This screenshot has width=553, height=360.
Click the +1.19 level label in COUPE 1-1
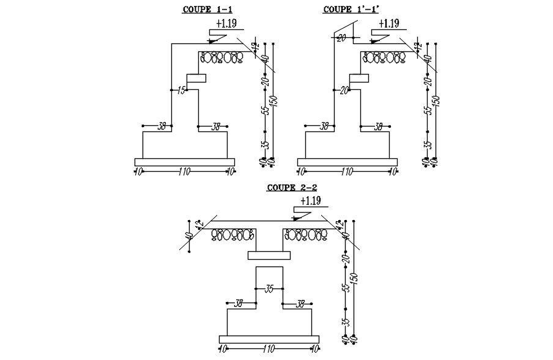point(227,24)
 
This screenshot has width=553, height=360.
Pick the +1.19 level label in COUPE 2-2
point(311,200)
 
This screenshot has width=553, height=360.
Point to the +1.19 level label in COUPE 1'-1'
point(388,24)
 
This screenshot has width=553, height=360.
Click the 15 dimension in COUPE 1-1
point(181,90)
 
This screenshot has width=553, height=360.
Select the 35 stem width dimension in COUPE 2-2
point(269,289)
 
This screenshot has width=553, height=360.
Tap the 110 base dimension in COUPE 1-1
point(184,172)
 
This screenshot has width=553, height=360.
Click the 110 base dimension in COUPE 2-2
point(269,349)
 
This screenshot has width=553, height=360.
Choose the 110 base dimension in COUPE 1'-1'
point(346,172)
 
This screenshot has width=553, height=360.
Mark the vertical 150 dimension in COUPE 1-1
point(273,101)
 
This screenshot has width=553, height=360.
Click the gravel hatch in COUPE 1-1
point(222,57)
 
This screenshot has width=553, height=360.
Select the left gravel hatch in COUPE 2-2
point(233,234)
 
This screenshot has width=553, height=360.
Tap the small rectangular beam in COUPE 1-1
point(197,78)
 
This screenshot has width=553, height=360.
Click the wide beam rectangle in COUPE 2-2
point(269,255)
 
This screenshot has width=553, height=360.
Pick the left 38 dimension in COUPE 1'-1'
point(324,127)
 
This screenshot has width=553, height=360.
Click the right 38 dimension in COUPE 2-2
point(300,303)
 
